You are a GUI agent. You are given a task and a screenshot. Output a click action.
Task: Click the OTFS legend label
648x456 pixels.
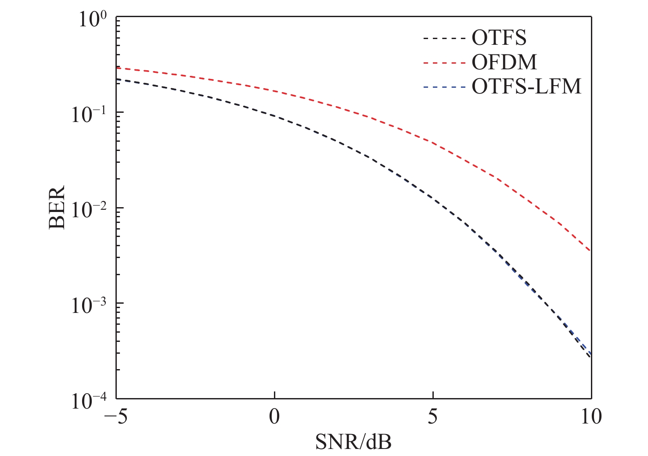499,38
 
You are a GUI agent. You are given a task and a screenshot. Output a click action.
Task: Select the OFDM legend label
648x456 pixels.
504,63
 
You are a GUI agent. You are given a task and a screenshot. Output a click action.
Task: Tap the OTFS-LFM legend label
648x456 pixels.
526,87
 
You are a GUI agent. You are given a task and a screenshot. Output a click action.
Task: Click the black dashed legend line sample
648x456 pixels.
444,39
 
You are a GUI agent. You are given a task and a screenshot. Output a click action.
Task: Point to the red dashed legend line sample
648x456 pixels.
444,63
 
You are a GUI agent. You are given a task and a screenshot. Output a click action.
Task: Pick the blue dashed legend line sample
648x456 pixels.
444,87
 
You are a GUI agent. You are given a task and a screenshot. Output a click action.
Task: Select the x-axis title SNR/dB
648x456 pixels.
353,442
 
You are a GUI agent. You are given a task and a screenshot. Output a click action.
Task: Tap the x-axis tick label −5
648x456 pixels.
115,417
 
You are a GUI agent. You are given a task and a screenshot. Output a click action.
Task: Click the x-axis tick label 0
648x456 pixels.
274,417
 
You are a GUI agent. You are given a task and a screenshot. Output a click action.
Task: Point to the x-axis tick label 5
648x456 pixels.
433,417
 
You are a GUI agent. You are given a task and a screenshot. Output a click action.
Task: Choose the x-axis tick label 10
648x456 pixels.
591,417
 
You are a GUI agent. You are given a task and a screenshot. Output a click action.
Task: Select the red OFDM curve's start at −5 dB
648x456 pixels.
117,68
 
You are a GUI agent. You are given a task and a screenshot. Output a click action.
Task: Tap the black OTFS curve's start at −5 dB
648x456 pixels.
117,79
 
